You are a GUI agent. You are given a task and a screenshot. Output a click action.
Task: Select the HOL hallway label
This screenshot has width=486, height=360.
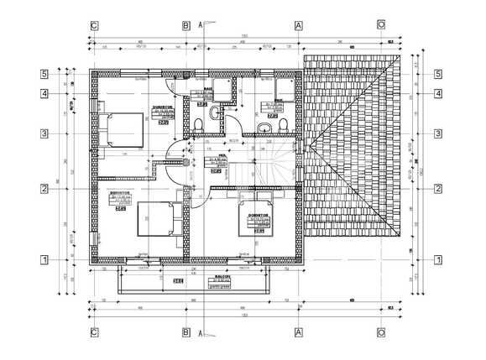tap(223, 155)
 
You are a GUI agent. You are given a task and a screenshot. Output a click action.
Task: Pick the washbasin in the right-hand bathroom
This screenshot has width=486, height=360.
tap(265, 127)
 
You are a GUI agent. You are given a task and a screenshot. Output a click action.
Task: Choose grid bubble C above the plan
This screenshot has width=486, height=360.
tap(94, 25)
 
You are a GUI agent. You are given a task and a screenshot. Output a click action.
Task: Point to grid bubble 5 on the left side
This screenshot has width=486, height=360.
tap(43, 74)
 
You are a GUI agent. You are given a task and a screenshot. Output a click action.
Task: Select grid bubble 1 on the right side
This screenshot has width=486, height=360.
tap(437, 260)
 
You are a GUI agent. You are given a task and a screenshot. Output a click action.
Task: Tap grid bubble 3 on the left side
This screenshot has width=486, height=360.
tap(43, 133)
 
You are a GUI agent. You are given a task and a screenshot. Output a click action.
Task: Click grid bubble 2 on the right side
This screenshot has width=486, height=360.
tap(437, 188)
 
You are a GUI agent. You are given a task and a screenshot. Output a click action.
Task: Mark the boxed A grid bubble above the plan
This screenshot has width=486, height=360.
tap(297, 25)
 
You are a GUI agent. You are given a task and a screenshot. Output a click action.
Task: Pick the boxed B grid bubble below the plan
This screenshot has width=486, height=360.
tap(186, 331)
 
